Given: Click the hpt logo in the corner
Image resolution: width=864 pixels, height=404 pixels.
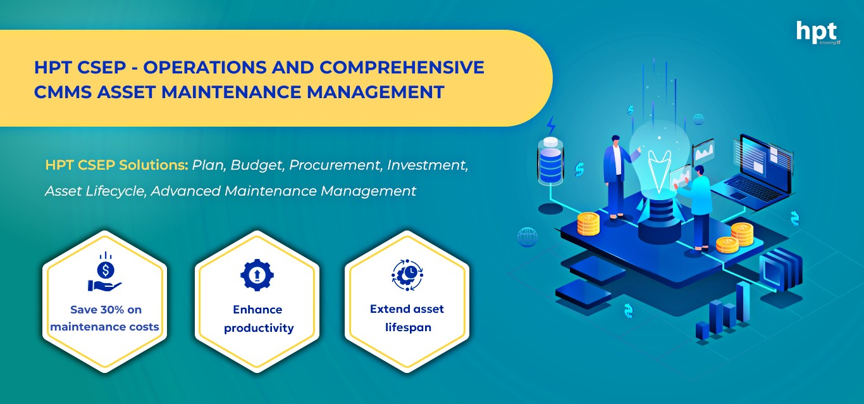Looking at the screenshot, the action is pos(818,33).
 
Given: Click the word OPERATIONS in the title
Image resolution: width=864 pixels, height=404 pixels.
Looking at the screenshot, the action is pos(205,67).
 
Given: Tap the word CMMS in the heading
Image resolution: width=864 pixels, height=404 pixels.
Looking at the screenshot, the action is pos(62,92).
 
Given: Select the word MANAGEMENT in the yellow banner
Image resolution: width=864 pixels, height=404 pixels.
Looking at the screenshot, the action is pos(375,92).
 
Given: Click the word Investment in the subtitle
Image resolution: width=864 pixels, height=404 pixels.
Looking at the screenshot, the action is pos(428,165).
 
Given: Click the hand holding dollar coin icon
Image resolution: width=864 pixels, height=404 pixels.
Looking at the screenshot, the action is pos(104,272).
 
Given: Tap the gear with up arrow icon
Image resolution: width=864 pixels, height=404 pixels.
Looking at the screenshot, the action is pos(257,275).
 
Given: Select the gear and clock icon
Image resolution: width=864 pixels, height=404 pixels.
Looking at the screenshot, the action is pos(407,275).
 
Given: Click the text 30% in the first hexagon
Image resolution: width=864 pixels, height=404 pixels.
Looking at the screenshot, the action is pos(112,310).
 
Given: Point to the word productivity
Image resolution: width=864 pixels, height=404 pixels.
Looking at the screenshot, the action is pos(259,328).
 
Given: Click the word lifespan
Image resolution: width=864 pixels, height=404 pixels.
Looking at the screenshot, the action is pos(408,327).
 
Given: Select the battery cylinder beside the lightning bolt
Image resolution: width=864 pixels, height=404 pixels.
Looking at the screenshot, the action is pos(550,161).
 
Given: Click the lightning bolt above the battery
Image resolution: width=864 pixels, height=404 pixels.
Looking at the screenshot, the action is pos(552,125).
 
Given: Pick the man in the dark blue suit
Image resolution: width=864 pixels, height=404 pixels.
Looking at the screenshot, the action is pos(617,177).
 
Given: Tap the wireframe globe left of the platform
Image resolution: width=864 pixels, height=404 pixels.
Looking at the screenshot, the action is pos(527,237).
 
